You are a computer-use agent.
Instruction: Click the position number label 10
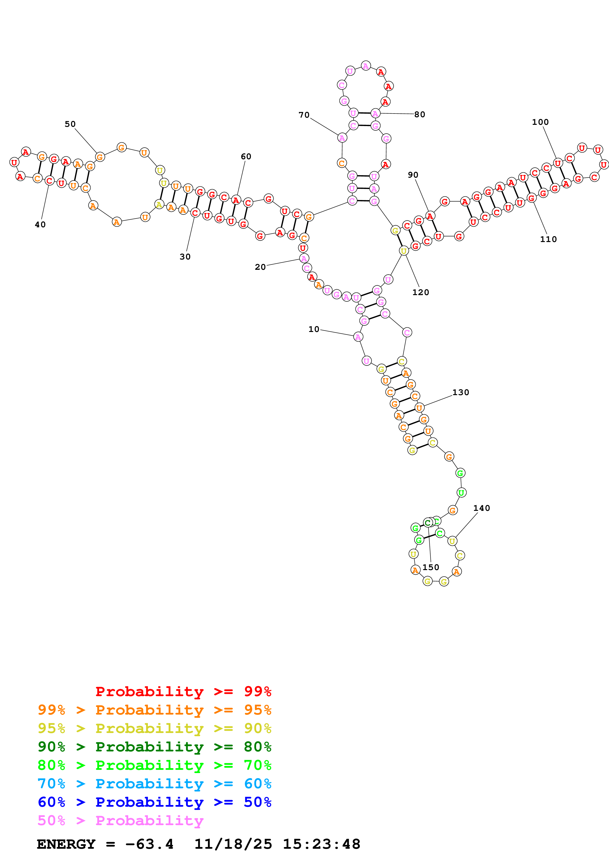point(314,329)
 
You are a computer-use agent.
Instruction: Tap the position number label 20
point(260,267)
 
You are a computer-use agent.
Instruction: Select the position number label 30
point(185,257)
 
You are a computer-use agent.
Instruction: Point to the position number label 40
point(40,225)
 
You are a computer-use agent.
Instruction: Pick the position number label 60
point(246,156)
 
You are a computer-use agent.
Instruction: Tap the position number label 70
point(304,115)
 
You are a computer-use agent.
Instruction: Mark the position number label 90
point(413,175)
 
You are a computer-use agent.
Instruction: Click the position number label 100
point(540,122)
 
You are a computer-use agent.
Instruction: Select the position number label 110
point(548,239)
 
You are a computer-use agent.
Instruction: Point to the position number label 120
point(421,292)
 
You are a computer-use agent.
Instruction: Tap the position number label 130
point(461,392)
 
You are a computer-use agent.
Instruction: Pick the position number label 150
point(431,567)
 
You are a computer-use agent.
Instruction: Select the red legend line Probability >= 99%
point(183,691)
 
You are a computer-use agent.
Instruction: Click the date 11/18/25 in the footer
point(233,844)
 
